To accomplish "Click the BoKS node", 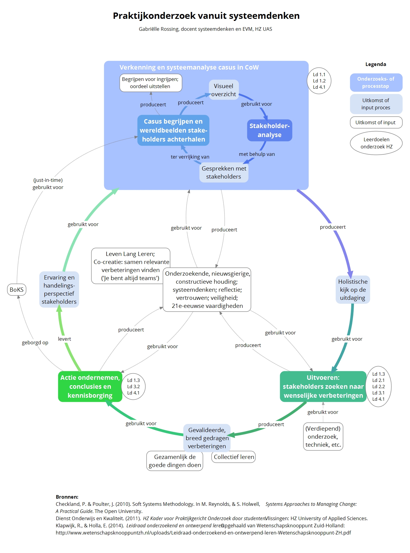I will (x=16, y=290).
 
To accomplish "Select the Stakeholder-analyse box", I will (x=270, y=130).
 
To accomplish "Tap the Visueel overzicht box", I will (x=224, y=90).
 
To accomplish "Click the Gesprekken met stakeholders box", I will (x=224, y=173).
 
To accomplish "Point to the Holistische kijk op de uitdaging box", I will (x=353, y=290).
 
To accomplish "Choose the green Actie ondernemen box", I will (x=90, y=386).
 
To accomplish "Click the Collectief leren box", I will (x=234, y=457).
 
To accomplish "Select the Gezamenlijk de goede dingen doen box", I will (x=175, y=461).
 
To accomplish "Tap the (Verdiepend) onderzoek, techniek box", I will (x=323, y=437).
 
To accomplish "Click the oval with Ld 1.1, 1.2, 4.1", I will (x=319, y=81).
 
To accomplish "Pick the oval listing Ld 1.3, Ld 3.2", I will (x=133, y=386).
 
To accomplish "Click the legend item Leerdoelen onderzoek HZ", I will (x=376, y=143).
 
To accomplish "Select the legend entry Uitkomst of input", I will (x=376, y=122).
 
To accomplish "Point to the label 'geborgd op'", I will (x=35, y=342).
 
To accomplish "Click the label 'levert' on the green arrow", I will (x=64, y=339).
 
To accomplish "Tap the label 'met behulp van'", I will (x=257, y=154).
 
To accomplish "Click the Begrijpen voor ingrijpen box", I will (x=151, y=83).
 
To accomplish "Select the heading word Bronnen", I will (x=67, y=497).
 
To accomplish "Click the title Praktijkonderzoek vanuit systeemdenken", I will (x=206, y=16).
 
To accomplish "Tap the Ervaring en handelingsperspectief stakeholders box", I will (x=59, y=290).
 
